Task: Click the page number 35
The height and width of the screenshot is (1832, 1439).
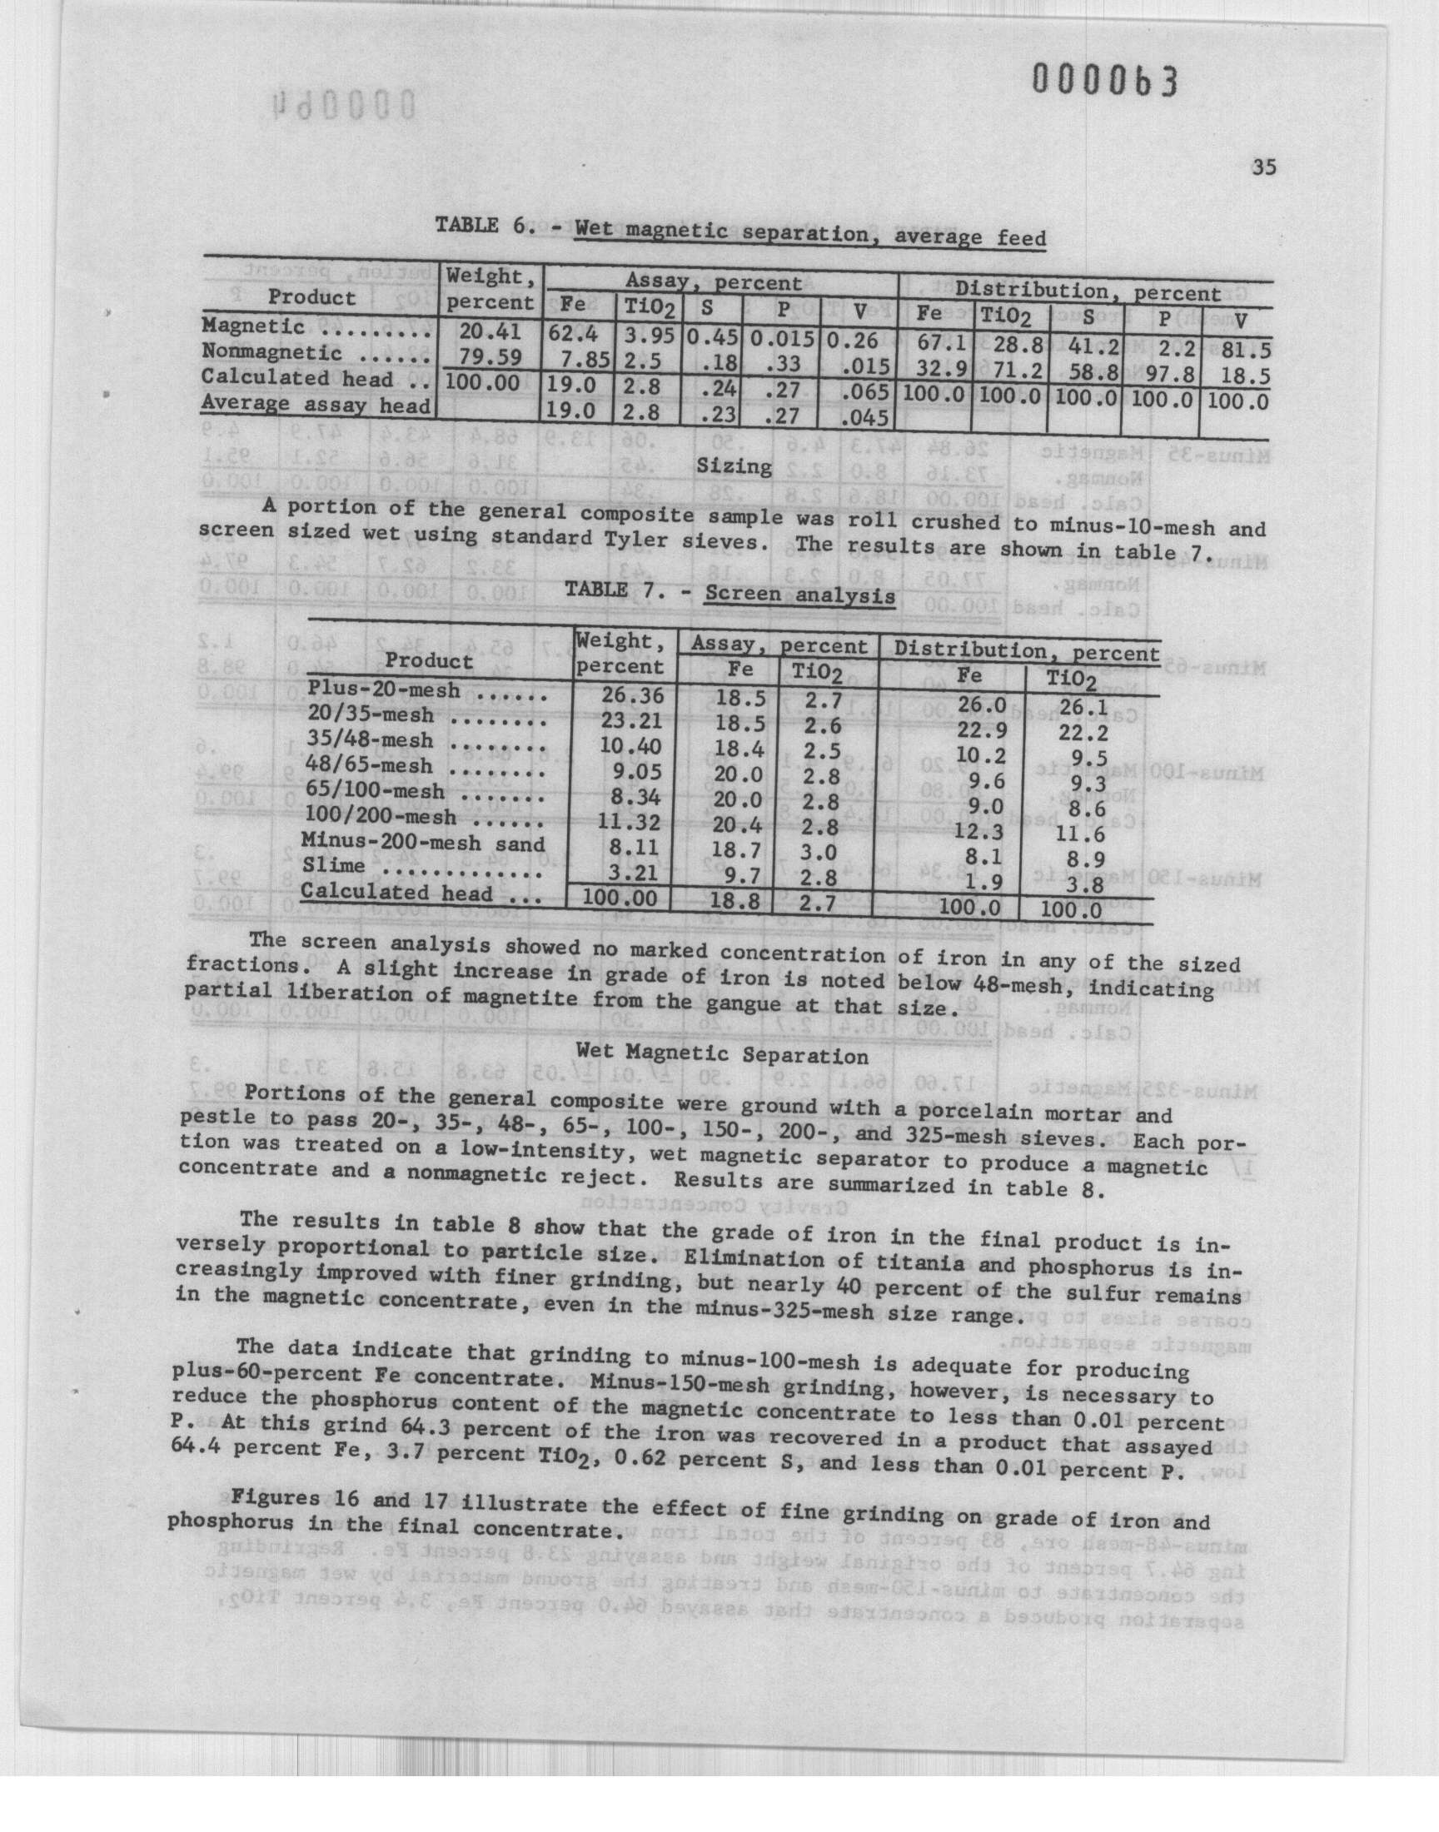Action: pyautogui.click(x=1263, y=167)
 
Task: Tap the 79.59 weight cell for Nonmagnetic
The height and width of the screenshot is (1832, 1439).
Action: pyautogui.click(x=489, y=354)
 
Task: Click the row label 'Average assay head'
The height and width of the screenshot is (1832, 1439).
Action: pyautogui.click(x=315, y=405)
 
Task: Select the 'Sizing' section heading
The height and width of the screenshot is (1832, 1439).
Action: pyautogui.click(x=734, y=466)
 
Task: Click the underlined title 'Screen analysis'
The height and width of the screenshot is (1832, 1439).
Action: pyautogui.click(x=799, y=595)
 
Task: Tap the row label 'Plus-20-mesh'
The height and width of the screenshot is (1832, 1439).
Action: pyautogui.click(x=383, y=689)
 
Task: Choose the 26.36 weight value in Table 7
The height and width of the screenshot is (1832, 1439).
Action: pyautogui.click(x=633, y=695)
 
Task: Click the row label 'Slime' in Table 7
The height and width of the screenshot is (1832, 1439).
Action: pyautogui.click(x=333, y=865)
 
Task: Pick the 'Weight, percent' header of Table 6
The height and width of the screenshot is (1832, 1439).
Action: pyautogui.click(x=490, y=289)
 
